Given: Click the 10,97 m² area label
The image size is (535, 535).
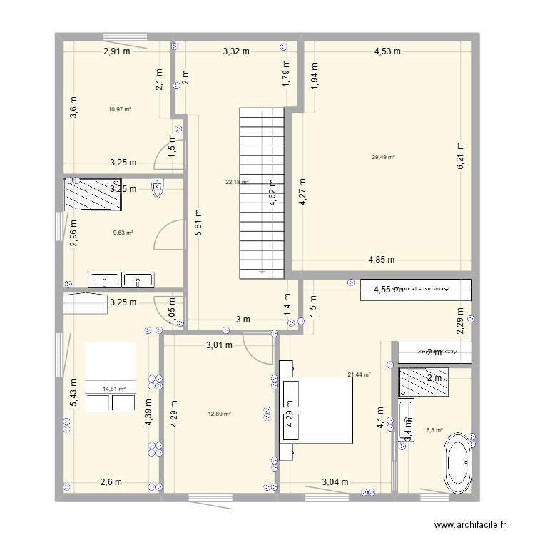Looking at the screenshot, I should (120, 109).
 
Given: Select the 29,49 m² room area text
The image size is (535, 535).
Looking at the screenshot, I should (383, 158).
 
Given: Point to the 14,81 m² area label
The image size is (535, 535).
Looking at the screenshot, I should (114, 389).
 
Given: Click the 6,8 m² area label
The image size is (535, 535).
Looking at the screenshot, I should (434, 430).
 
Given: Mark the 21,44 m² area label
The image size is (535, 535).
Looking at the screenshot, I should (359, 374).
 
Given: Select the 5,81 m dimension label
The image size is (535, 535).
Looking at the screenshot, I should (198, 226).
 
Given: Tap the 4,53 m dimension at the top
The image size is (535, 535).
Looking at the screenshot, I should (387, 51).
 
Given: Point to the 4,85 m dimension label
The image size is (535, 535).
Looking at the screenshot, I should (382, 260).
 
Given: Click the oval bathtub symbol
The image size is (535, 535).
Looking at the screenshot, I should (457, 460).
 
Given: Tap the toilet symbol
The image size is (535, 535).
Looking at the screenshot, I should (157, 188).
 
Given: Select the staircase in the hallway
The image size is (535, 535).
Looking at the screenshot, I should (261, 193).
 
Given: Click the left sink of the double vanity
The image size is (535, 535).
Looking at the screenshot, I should (103, 279).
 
